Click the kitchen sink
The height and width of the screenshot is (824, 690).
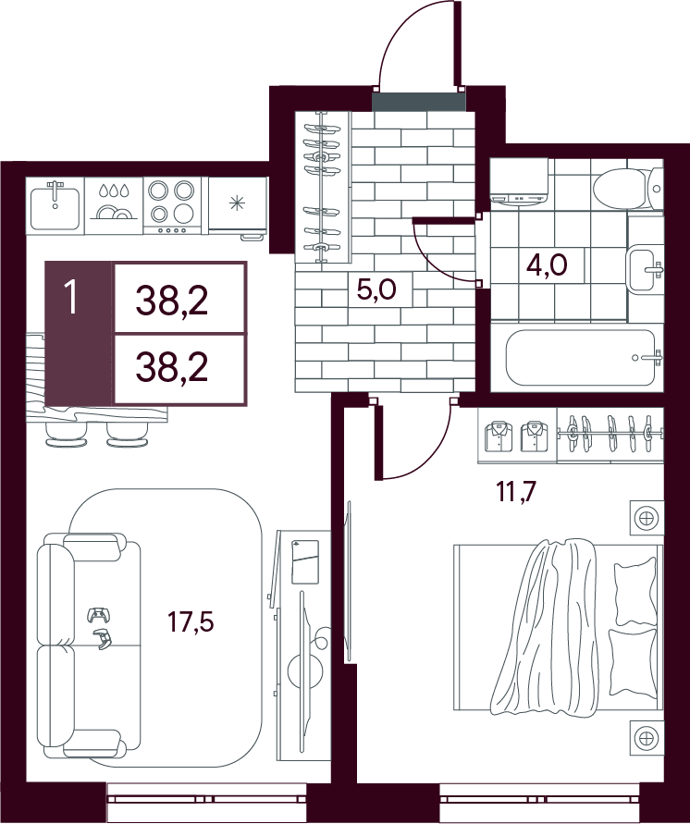[55, 205]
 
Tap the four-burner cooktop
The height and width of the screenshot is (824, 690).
[172, 205]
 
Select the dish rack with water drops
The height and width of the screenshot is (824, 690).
[114, 205]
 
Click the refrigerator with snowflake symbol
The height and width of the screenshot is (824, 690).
[238, 207]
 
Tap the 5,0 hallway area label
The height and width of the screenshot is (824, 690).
[376, 289]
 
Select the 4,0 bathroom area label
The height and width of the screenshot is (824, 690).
[547, 264]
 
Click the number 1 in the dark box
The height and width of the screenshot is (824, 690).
[71, 298]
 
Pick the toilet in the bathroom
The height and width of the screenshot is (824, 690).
[629, 188]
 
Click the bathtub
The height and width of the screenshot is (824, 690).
[584, 357]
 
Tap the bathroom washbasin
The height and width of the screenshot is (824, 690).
[646, 268]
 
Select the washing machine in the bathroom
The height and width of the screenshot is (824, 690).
[520, 181]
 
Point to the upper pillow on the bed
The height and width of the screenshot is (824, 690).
[635, 591]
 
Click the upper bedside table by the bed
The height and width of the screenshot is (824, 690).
[647, 518]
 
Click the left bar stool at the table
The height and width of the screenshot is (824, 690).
[67, 435]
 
